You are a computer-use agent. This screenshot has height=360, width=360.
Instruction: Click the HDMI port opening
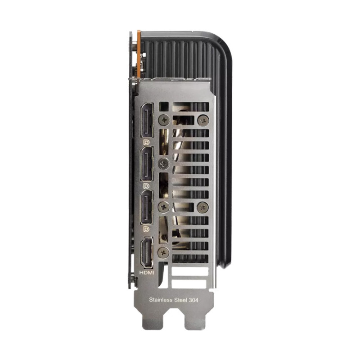tap(147, 252)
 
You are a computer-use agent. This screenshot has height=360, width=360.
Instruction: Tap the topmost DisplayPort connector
tap(147, 120)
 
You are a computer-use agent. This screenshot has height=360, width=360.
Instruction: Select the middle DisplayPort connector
tap(147, 164)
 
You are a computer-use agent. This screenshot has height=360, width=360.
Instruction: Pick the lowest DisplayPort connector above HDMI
tap(147, 207)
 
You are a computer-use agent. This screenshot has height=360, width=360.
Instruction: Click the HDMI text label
tap(147, 273)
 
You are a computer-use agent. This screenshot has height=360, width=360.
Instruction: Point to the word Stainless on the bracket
tap(161, 300)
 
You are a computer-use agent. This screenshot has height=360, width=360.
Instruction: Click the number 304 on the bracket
tap(193, 300)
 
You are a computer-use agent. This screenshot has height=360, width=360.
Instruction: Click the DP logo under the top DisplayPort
tap(146, 142)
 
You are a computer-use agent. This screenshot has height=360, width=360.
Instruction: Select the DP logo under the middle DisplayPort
tap(146, 186)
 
